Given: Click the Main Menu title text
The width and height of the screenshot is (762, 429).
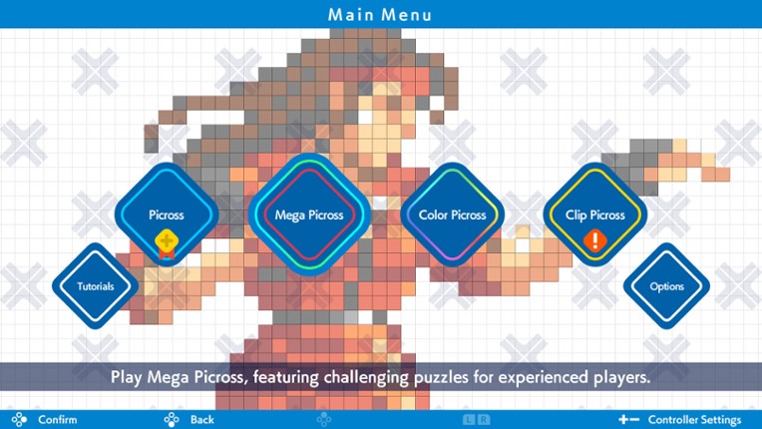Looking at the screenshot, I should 380,14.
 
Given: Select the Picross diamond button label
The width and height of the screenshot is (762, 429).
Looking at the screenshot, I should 166,214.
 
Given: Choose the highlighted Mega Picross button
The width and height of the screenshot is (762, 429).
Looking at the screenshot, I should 309,214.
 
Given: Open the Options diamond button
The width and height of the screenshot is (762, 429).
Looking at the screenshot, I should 666,286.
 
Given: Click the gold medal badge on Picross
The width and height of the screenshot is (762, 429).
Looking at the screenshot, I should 166,241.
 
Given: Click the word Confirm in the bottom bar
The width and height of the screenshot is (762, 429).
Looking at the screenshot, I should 57,419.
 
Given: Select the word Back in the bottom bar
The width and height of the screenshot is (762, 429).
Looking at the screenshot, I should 201,419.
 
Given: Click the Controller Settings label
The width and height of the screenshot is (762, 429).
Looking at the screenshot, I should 694,419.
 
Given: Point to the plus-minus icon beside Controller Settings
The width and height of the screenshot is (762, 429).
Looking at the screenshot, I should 628,419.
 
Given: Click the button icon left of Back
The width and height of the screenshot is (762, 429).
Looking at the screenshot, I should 172,419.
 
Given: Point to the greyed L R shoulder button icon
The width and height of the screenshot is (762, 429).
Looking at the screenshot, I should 475,419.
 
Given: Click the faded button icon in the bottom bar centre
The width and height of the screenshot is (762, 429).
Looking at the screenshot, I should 324,419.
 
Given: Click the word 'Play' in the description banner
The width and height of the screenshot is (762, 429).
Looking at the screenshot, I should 127,378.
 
